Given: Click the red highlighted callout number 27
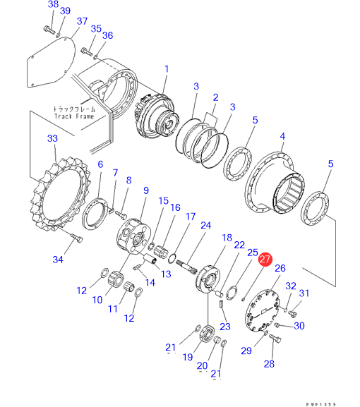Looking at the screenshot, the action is tap(265, 260).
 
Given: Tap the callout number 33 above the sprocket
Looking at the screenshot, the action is tap(52, 138).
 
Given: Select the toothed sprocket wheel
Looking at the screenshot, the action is tap(60, 195).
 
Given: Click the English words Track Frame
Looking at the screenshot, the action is tap(74, 116).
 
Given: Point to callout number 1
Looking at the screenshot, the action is tap(167, 69).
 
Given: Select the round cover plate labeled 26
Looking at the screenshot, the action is tap(262, 311).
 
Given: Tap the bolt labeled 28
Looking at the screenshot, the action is tap(275, 338).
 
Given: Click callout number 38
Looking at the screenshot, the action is tap(53, 4).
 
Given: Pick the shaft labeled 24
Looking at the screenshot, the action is tap(186, 267).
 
